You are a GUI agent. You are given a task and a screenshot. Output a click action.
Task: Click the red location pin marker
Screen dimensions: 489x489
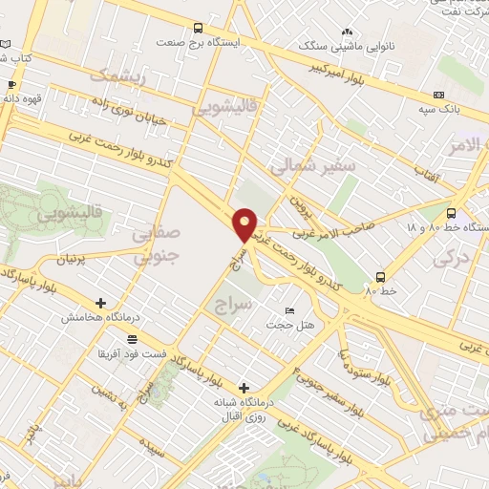245,224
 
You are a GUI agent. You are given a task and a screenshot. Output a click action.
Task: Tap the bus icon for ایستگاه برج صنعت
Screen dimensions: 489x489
198,29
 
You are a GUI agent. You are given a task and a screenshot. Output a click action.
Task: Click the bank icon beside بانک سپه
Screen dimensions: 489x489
438,95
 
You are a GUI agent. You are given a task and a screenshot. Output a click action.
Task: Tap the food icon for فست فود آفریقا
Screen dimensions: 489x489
131,339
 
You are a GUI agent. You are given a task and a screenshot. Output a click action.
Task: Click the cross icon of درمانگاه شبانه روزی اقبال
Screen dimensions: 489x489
245,389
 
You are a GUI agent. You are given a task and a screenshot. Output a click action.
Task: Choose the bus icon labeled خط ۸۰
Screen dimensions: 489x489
380,276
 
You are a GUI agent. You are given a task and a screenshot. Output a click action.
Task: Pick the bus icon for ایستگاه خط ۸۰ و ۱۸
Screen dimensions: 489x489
452,214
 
